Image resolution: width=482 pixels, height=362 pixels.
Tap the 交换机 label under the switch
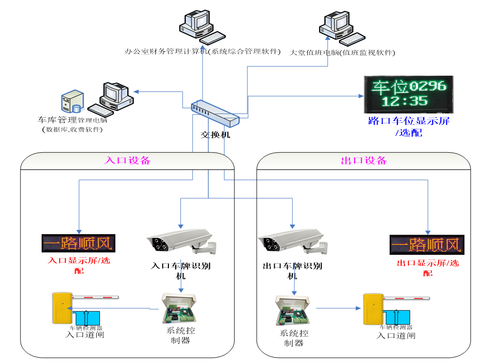pyautogui.click(x=215, y=135)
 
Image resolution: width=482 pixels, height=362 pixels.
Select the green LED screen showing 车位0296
pyautogui.click(x=408, y=92)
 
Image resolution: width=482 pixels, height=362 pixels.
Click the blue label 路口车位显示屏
pyautogui.click(x=408, y=121)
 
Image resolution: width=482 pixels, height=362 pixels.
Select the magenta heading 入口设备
pyautogui.click(x=127, y=160)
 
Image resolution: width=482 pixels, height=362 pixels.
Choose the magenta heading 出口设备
pyautogui.click(x=364, y=160)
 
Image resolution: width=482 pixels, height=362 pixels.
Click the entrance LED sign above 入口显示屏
pyautogui.click(x=79, y=243)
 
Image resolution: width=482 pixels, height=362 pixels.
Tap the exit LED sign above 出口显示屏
pyautogui.click(x=426, y=244)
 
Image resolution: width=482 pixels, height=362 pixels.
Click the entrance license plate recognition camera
pyautogui.click(x=180, y=242)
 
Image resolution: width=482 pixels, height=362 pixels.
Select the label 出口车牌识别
pyautogui.click(x=292, y=266)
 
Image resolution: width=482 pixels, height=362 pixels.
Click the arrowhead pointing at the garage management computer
pyautogui.click(x=136, y=91)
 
